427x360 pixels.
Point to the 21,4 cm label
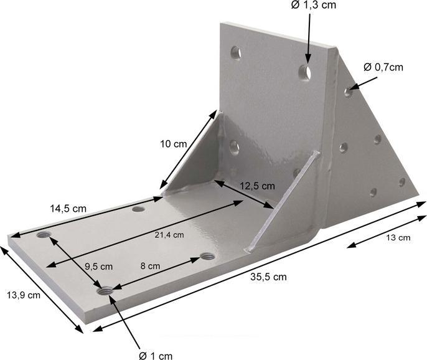pyautogui.click(x=169, y=235)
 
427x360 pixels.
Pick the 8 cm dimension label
pyautogui.click(x=150, y=265)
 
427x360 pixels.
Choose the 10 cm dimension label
pyautogui.click(x=173, y=144)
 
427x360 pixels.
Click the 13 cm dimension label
pyautogui.click(x=398, y=237)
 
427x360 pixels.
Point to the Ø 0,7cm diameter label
pyautogui.click(x=383, y=67)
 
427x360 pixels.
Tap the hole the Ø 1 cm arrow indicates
pyautogui.click(x=105, y=289)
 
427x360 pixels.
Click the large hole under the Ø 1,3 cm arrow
pyautogui.click(x=305, y=73)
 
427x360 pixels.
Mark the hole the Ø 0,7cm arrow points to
pyautogui.click(x=348, y=93)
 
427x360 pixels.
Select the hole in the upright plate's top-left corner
pyautogui.click(x=236, y=53)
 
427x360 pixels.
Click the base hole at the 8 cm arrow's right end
pyautogui.click(x=208, y=256)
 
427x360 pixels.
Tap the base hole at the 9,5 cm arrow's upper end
pyautogui.click(x=44, y=235)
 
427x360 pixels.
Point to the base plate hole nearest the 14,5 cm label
pyautogui.click(x=138, y=210)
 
